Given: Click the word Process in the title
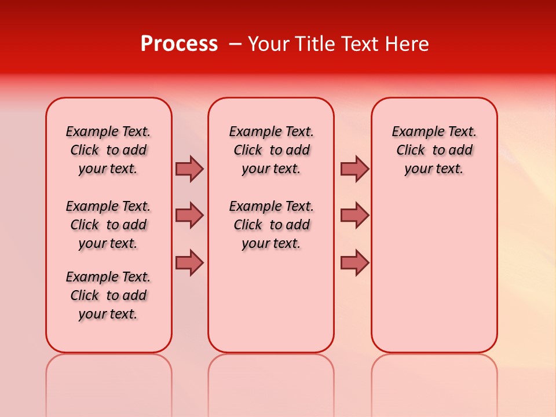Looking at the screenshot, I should click(179, 44).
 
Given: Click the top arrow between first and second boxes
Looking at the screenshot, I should click(189, 169).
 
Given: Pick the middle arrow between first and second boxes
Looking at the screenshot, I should click(189, 215).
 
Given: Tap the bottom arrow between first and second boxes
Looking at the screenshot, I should click(189, 262).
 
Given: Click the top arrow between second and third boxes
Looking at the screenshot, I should click(354, 169).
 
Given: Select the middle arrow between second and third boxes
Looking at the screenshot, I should click(354, 215).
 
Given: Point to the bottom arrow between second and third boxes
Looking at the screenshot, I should click(354, 262).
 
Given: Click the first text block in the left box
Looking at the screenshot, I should click(108, 150).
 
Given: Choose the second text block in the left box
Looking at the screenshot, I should click(108, 225).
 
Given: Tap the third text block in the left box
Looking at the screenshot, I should click(108, 295).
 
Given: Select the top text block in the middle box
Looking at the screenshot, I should click(271, 150).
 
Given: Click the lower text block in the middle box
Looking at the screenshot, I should click(271, 225).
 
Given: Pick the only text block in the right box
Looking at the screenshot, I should click(434, 150).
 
